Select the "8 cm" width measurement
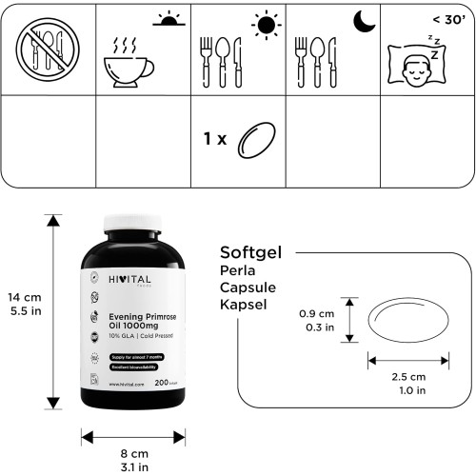(x=133, y=455)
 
